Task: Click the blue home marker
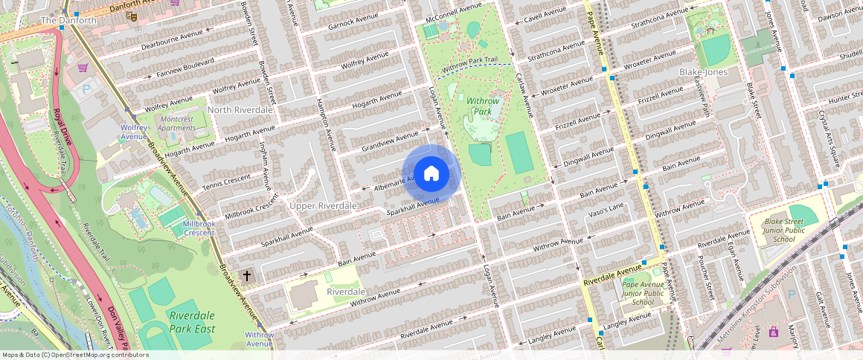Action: coord(431,174)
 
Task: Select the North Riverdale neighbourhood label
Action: coord(240,110)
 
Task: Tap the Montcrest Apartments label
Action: coord(176,123)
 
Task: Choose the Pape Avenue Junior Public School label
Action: coord(643,293)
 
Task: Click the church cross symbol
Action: coord(247,276)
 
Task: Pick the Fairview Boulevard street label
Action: coord(185,66)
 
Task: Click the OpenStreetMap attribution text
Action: coord(75,355)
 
